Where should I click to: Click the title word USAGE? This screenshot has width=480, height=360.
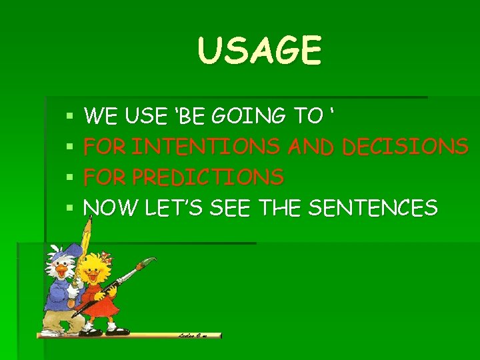260,51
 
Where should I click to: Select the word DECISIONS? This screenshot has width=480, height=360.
405,147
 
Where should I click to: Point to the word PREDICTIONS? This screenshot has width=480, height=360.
208,177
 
